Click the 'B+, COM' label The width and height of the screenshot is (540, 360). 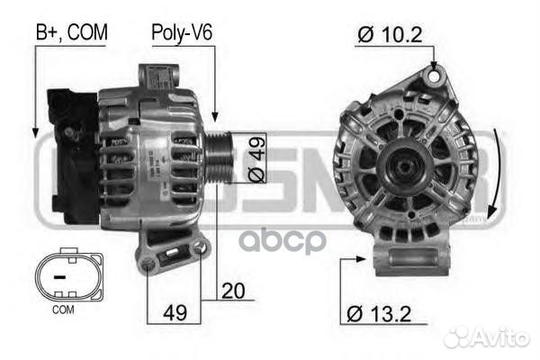[x=71, y=32]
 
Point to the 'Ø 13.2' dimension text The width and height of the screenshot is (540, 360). [x=382, y=314]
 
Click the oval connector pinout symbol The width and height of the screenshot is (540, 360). [x=61, y=276]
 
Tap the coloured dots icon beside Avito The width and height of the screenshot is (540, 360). [x=460, y=336]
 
